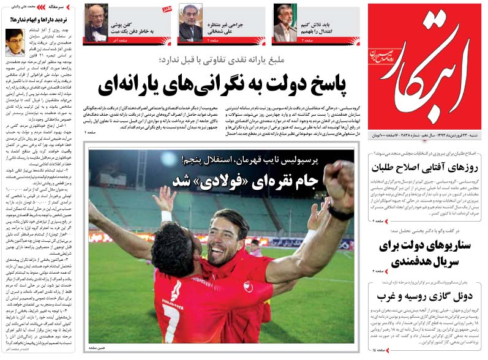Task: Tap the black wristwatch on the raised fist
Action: (x=339, y=212)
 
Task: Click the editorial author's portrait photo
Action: (x=15, y=42)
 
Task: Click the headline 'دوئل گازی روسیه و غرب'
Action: (x=425, y=297)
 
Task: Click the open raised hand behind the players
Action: (x=164, y=199)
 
